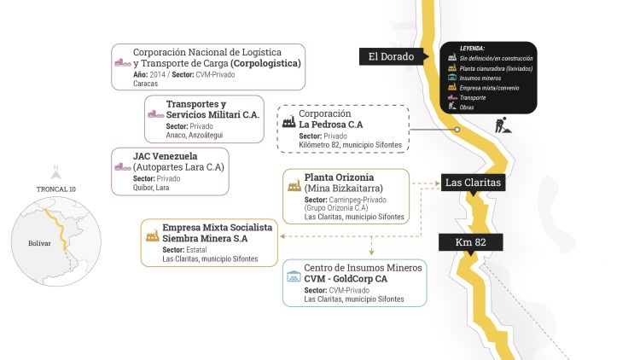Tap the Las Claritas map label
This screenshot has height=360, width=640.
[472, 183]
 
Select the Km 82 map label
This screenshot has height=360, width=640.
[471, 242]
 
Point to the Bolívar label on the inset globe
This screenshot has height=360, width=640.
[39, 243]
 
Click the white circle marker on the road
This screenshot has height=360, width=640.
[457, 131]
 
